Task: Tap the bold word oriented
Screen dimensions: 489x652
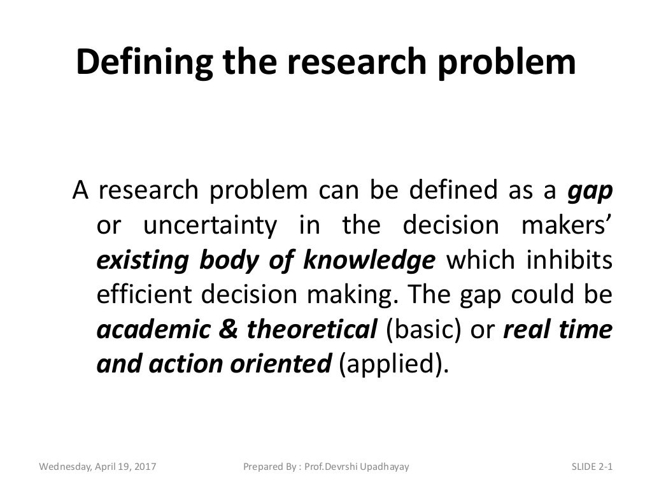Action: coord(283,364)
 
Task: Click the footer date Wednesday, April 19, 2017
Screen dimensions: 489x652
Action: coord(98,467)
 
